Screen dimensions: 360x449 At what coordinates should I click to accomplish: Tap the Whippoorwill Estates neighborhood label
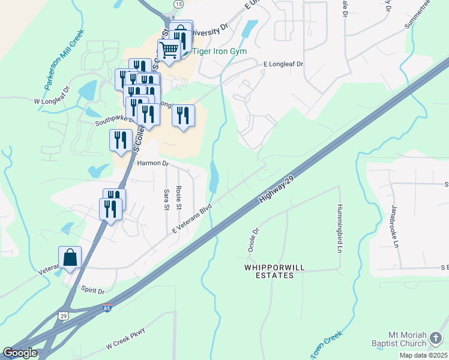pyautogui.click(x=270, y=271)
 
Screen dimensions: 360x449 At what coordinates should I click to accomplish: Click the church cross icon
pyautogui.click(x=436, y=339)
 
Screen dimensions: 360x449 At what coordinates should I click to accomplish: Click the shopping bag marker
pyautogui.click(x=70, y=258)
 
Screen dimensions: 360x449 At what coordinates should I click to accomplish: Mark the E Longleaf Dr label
pyautogui.click(x=283, y=64)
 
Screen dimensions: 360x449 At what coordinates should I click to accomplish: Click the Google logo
pyautogui.click(x=19, y=353)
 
